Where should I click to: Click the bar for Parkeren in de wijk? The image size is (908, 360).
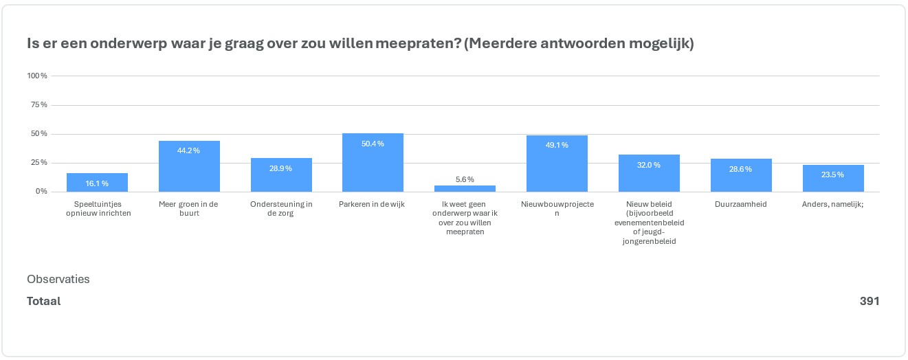pyautogui.click(x=373, y=163)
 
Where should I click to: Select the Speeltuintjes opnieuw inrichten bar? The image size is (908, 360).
pyautogui.click(x=97, y=183)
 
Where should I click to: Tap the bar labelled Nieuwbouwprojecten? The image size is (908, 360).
pyautogui.click(x=557, y=164)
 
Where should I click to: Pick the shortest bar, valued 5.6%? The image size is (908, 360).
pyautogui.click(x=465, y=189)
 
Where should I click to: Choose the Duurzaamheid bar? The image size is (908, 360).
pyautogui.click(x=740, y=176)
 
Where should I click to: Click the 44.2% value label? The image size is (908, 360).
pyautogui.click(x=189, y=150)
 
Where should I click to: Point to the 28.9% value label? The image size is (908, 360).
pyautogui.click(x=281, y=168)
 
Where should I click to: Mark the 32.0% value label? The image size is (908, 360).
pyautogui.click(x=649, y=165)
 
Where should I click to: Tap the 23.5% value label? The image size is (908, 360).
pyautogui.click(x=833, y=175)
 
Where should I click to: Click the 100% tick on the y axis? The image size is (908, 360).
pyautogui.click(x=37, y=76)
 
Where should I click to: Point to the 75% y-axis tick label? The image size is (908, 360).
pyautogui.click(x=39, y=105)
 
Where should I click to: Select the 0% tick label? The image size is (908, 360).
pyautogui.click(x=42, y=192)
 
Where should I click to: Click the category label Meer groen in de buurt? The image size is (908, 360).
pyautogui.click(x=189, y=209)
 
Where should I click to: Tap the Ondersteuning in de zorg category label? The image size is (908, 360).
pyautogui.click(x=281, y=209)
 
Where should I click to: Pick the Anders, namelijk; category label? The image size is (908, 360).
pyautogui.click(x=833, y=205)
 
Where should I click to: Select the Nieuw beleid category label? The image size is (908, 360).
pyautogui.click(x=649, y=223)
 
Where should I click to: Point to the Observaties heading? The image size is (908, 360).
pyautogui.click(x=58, y=279)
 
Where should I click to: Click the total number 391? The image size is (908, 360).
pyautogui.click(x=869, y=301)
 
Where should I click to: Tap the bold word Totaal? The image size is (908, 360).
pyautogui.click(x=44, y=301)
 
